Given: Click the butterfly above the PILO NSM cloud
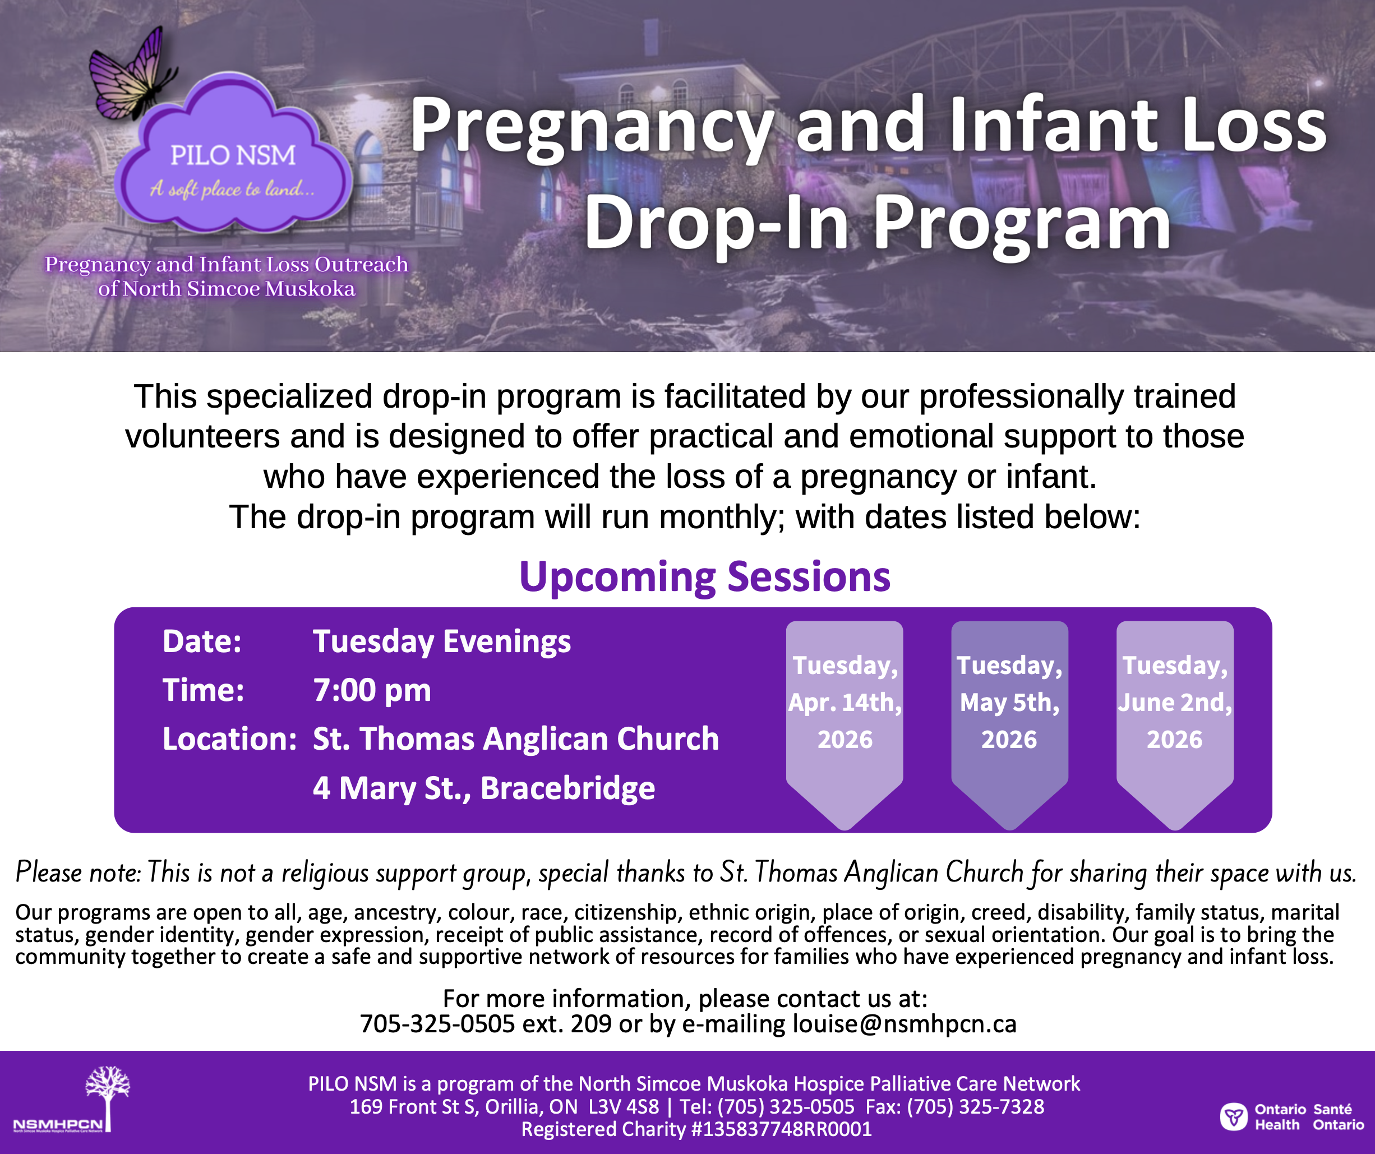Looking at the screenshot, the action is coord(131,75).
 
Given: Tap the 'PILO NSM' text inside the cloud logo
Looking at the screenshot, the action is coord(233,155).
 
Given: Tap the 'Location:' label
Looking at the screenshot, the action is coord(229,739).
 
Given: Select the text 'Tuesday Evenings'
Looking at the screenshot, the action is coord(441,641).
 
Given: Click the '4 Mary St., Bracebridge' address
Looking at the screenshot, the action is coord(484,788).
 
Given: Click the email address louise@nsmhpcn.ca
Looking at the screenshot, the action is coord(904,1024).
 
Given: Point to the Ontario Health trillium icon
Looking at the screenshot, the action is coord(1234,1116).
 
